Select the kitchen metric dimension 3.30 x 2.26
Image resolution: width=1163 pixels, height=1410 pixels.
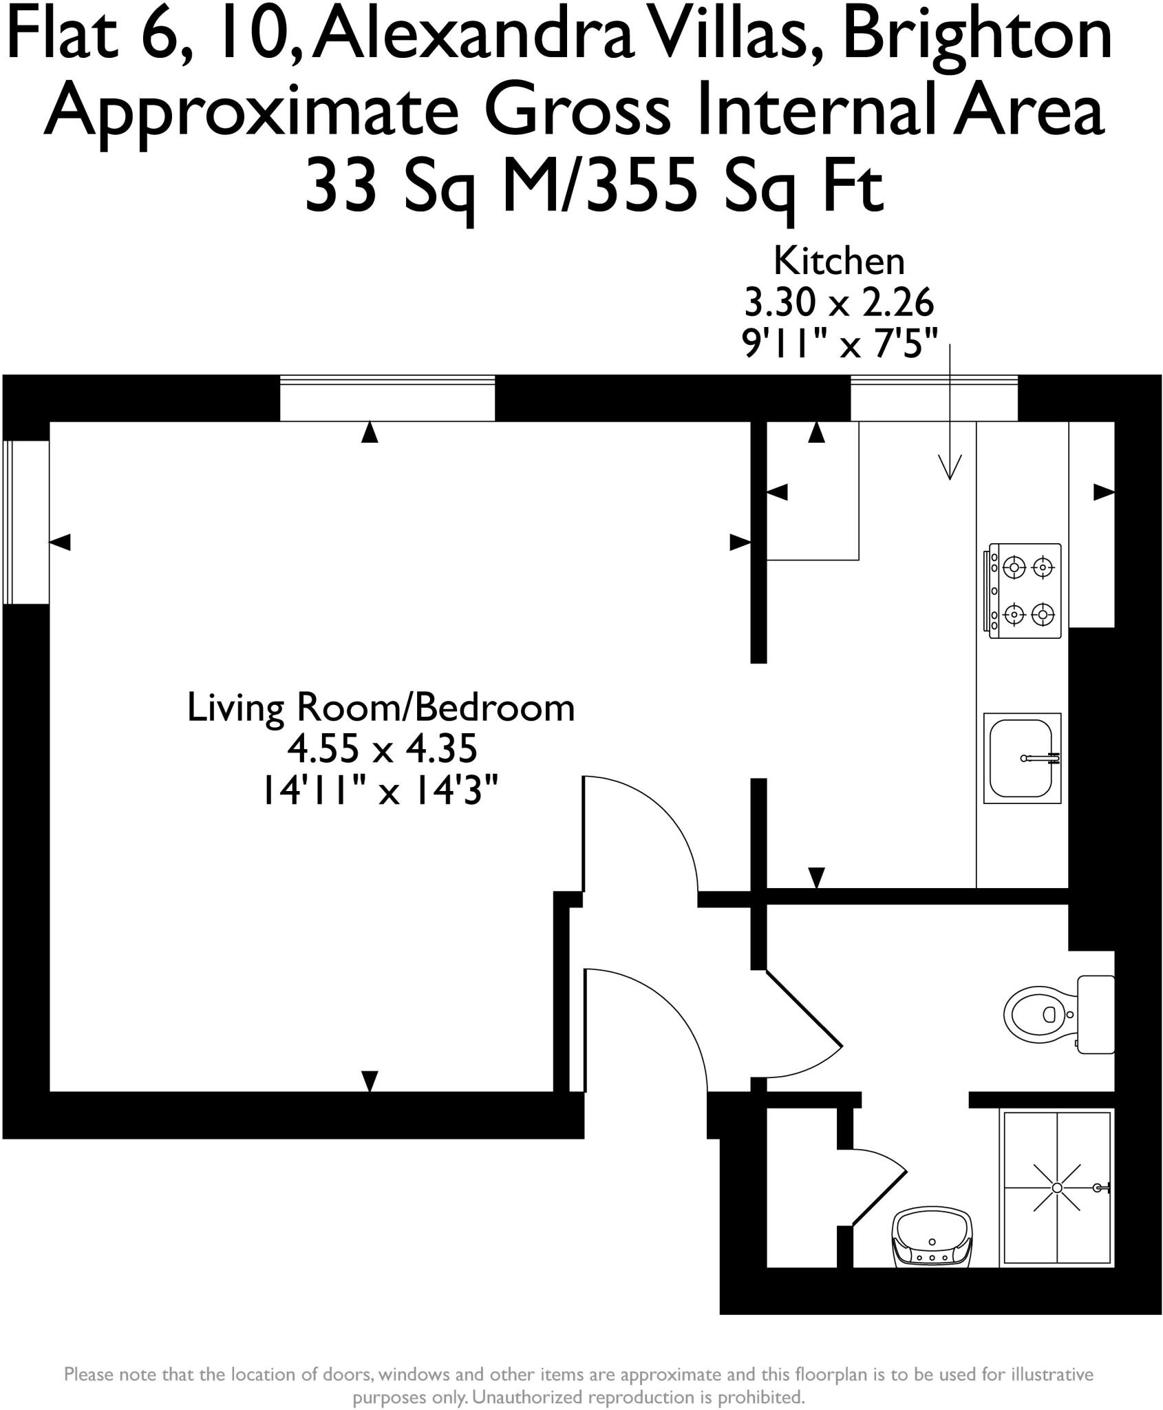coord(839,302)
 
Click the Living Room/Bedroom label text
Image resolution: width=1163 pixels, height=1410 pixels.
coord(381,708)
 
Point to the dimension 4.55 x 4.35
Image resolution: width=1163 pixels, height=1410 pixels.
coord(382,748)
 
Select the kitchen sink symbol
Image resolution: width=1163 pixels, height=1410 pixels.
coord(1022,758)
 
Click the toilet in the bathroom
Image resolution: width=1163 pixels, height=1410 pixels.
coord(1039,1014)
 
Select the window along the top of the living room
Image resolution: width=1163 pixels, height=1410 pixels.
coord(387,397)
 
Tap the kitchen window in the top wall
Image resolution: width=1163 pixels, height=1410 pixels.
coord(934,397)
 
